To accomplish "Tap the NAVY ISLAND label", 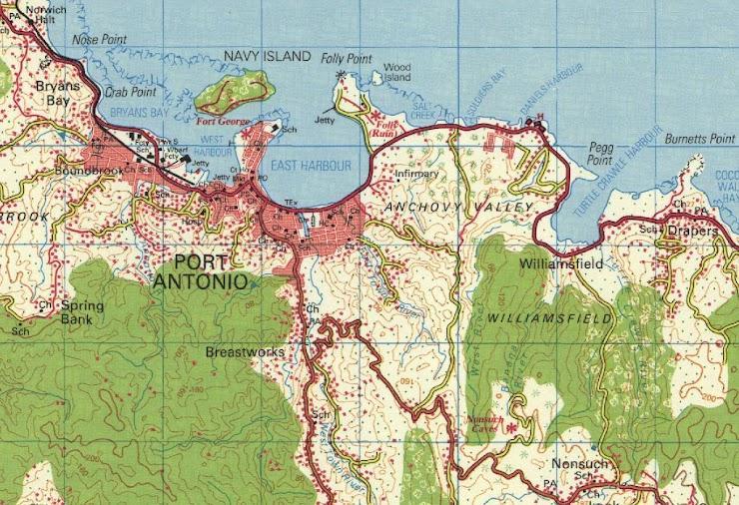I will (x=267, y=57).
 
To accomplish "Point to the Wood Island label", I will (x=396, y=71).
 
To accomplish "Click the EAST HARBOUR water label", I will (x=310, y=165).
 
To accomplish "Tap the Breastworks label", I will (x=245, y=352).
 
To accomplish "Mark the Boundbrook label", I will (x=90, y=171).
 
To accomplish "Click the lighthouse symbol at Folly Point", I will (x=342, y=75).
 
